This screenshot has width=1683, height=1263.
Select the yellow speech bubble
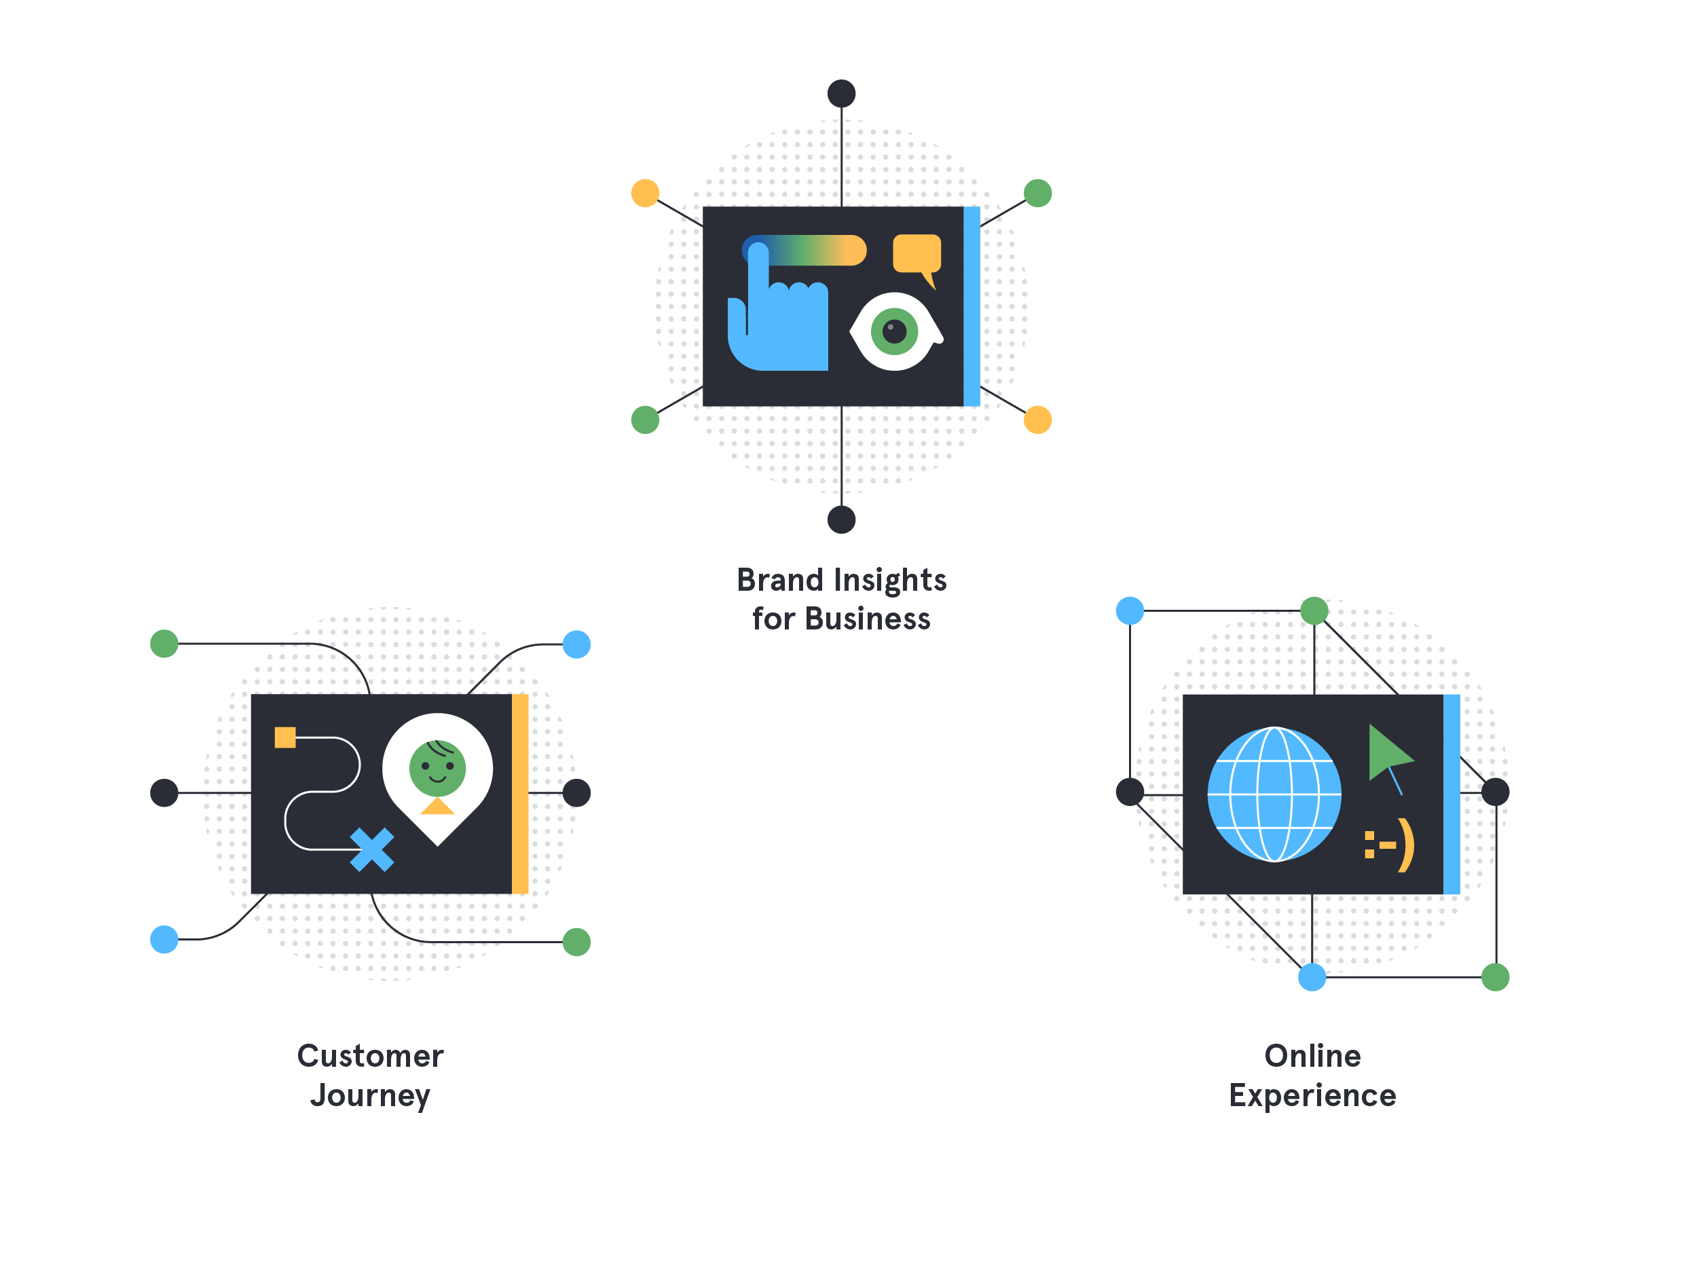917,254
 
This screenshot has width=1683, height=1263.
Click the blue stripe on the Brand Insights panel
972,306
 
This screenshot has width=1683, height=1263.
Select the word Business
868,619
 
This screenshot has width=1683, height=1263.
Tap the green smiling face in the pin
437,768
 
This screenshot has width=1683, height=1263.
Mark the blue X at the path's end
372,849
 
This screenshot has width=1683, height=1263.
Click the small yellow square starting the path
285,737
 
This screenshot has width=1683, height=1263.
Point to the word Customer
371,1056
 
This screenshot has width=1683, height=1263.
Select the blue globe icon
1274,794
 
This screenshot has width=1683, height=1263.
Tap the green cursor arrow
1386,753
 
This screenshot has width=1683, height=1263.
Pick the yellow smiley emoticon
1389,845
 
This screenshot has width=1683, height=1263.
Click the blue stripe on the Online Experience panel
1451,794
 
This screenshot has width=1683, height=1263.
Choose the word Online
1312,1056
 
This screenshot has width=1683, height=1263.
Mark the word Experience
1312,1095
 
